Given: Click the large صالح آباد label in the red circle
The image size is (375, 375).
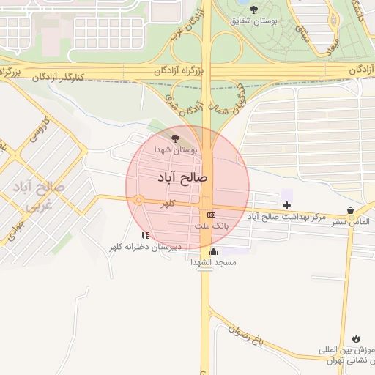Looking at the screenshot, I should [183, 178].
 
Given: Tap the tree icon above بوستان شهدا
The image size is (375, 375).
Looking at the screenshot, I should [174, 137].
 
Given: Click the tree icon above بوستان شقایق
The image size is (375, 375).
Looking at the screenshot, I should [253, 10].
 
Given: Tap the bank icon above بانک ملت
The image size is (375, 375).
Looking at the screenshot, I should [212, 215].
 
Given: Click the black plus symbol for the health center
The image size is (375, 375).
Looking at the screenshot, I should [286, 204].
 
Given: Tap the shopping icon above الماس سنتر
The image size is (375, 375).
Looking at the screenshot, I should [350, 211].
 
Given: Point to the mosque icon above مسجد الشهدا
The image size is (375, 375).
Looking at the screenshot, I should [213, 251].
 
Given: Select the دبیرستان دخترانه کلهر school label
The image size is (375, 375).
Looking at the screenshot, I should [145, 248].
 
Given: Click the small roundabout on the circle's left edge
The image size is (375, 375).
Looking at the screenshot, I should [138, 200].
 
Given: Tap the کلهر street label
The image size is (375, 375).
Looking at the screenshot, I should [170, 204].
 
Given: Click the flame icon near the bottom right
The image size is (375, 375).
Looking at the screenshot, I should [356, 338].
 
